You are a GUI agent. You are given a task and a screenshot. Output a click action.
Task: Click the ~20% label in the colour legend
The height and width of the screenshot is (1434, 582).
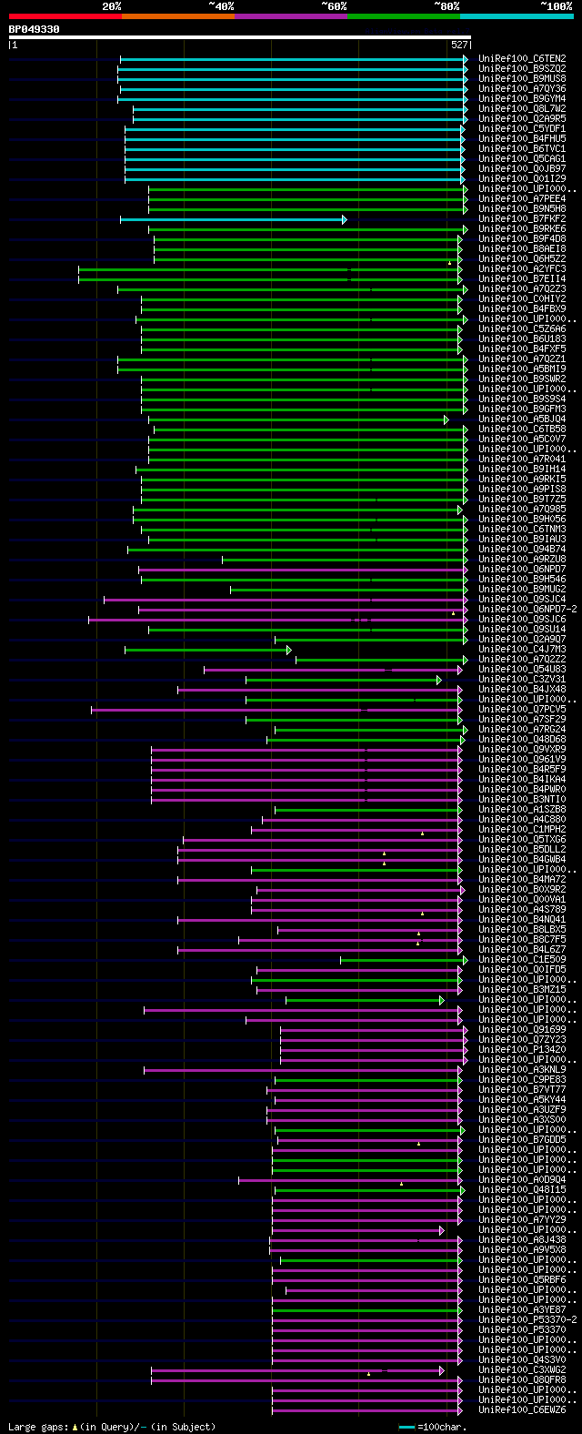[111, 5]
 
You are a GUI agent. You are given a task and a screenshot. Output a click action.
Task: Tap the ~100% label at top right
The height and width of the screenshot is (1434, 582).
[556, 5]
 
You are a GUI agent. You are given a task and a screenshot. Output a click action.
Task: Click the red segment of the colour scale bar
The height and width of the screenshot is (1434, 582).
[65, 16]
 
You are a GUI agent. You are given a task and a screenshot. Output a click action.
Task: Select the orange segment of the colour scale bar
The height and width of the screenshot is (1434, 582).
[177, 16]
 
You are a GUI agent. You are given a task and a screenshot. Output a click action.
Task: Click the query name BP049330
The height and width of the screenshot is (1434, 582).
[34, 29]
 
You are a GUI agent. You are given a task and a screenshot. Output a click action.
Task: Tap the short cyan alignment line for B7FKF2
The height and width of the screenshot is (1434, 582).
[232, 219]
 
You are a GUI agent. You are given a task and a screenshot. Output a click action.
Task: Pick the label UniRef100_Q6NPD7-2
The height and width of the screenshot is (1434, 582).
[527, 610]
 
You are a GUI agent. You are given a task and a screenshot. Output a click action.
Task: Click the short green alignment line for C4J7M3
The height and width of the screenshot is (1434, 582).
[207, 650]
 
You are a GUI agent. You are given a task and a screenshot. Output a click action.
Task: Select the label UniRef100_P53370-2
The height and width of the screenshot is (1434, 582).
[527, 1320]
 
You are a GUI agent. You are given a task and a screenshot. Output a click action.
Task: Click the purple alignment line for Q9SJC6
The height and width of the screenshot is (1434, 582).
[273, 620]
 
